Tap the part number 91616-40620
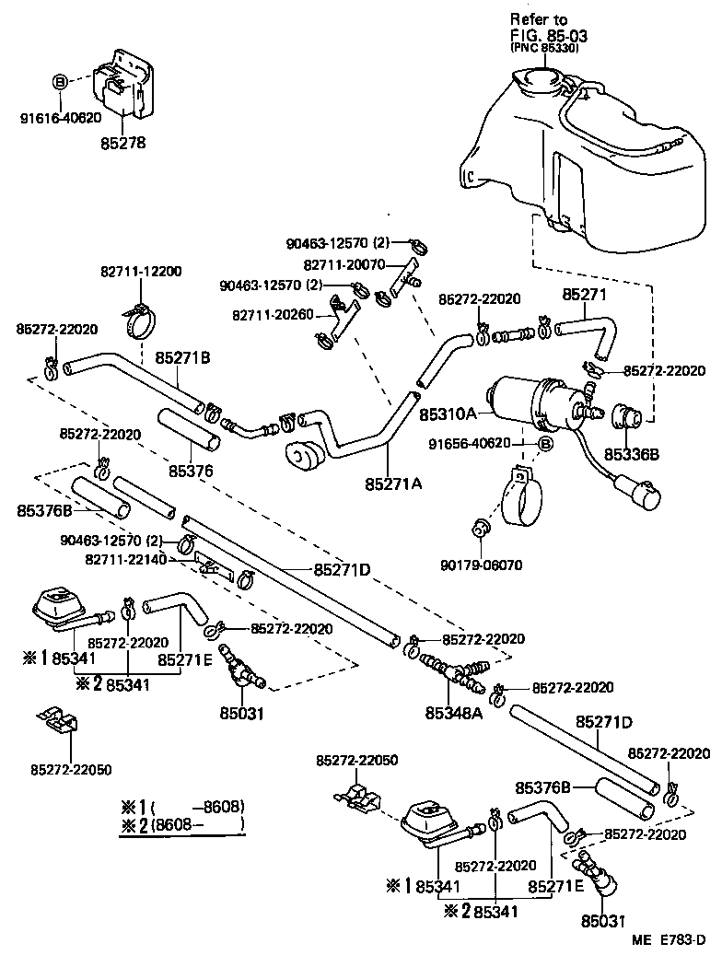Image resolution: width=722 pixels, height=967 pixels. tap(61, 118)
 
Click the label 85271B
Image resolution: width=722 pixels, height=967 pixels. tap(182, 357)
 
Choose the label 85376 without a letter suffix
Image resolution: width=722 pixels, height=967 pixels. tap(191, 471)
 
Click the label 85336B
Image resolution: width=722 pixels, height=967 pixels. tap(632, 454)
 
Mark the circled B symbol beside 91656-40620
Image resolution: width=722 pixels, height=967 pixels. tap(544, 444)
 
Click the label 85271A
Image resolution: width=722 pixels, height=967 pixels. tap(392, 483)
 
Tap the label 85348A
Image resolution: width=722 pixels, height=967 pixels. tap(454, 712)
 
